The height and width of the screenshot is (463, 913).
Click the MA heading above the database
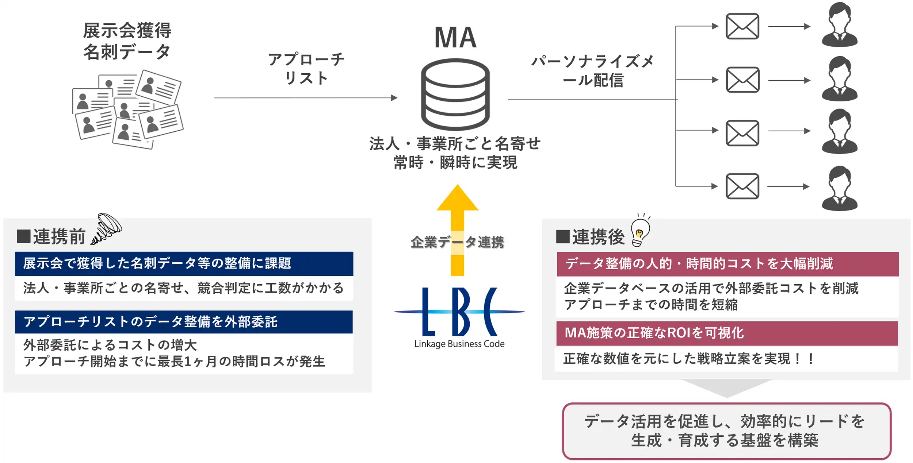[455, 37]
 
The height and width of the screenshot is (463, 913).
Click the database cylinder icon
[455, 94]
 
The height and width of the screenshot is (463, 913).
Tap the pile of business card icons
[128, 109]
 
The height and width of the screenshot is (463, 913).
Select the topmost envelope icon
[742, 26]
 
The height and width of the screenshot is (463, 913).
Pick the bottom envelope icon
[742, 186]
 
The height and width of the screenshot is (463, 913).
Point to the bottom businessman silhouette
[839, 188]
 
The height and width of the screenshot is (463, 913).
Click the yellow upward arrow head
[457, 199]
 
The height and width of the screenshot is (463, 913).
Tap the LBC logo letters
[459, 312]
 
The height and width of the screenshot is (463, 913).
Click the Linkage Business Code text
[459, 344]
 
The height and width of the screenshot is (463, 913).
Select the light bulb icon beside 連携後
[640, 231]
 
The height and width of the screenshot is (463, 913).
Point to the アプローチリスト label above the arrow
[306, 68]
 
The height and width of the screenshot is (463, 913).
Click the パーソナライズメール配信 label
[592, 71]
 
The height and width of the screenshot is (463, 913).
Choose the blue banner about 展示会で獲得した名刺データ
[184, 263]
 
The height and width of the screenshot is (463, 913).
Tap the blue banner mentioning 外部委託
[184, 322]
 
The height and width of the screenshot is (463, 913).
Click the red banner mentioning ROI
[727, 333]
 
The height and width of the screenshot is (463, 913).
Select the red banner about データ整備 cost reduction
[727, 264]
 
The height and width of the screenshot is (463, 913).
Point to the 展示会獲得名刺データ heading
[127, 41]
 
